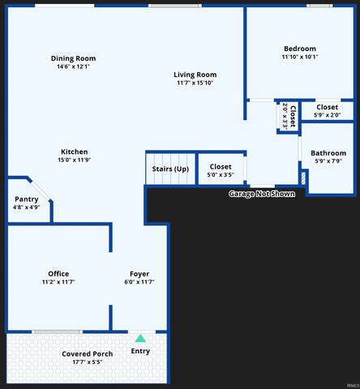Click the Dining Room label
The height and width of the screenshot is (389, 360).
click(73, 58)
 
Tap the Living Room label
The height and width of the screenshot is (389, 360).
click(195, 75)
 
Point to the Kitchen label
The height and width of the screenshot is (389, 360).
click(74, 152)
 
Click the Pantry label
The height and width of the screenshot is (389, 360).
click(27, 199)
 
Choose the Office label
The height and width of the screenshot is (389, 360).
click(58, 273)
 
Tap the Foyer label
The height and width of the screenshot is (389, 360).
click(139, 273)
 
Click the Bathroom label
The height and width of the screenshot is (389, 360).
click(328, 152)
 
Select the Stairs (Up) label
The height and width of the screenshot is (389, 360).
click(170, 169)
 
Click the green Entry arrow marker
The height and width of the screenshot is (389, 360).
click(140, 338)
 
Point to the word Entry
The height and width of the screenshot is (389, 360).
click(140, 351)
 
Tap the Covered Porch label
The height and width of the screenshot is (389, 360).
click(88, 353)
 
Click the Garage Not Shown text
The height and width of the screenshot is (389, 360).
click(262, 194)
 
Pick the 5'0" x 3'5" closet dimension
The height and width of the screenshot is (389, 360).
click(221, 175)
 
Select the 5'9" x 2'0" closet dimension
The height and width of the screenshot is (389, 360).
click(328, 115)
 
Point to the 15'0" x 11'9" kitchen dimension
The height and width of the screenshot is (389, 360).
click(74, 160)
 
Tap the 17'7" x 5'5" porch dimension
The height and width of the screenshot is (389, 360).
click(88, 362)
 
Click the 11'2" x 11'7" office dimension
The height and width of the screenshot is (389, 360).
click(58, 282)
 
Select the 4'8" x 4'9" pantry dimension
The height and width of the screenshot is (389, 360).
click(27, 207)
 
